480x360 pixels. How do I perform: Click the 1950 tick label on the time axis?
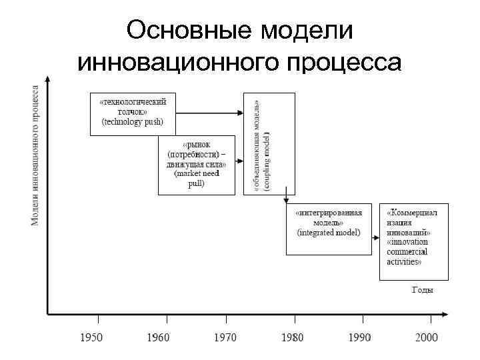pyautogui.click(x=92, y=338)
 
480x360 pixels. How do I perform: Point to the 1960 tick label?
pyautogui.click(x=158, y=338)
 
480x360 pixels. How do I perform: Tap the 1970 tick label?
pyautogui.click(x=225, y=338)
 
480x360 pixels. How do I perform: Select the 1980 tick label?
pyautogui.click(x=293, y=338)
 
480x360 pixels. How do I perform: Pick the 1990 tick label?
pyautogui.click(x=359, y=338)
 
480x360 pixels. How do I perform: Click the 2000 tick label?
pyautogui.click(x=427, y=338)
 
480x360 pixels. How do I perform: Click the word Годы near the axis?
pyautogui.click(x=423, y=290)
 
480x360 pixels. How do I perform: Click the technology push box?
pyautogui.click(x=132, y=113)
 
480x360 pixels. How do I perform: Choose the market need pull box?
pyautogui.click(x=196, y=165)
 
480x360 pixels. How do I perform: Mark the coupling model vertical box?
pyautogui.click(x=269, y=143)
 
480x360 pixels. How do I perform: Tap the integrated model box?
pyautogui.click(x=328, y=229)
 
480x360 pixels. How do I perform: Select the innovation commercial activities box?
pyautogui.click(x=413, y=241)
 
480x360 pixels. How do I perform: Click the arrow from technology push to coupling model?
pyautogui.click(x=207, y=113)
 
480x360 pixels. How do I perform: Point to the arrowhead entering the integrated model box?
pyautogui.click(x=286, y=199)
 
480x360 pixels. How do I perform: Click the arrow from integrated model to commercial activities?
pyautogui.click(x=375, y=229)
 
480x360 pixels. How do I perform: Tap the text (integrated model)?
pyautogui.click(x=329, y=233)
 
